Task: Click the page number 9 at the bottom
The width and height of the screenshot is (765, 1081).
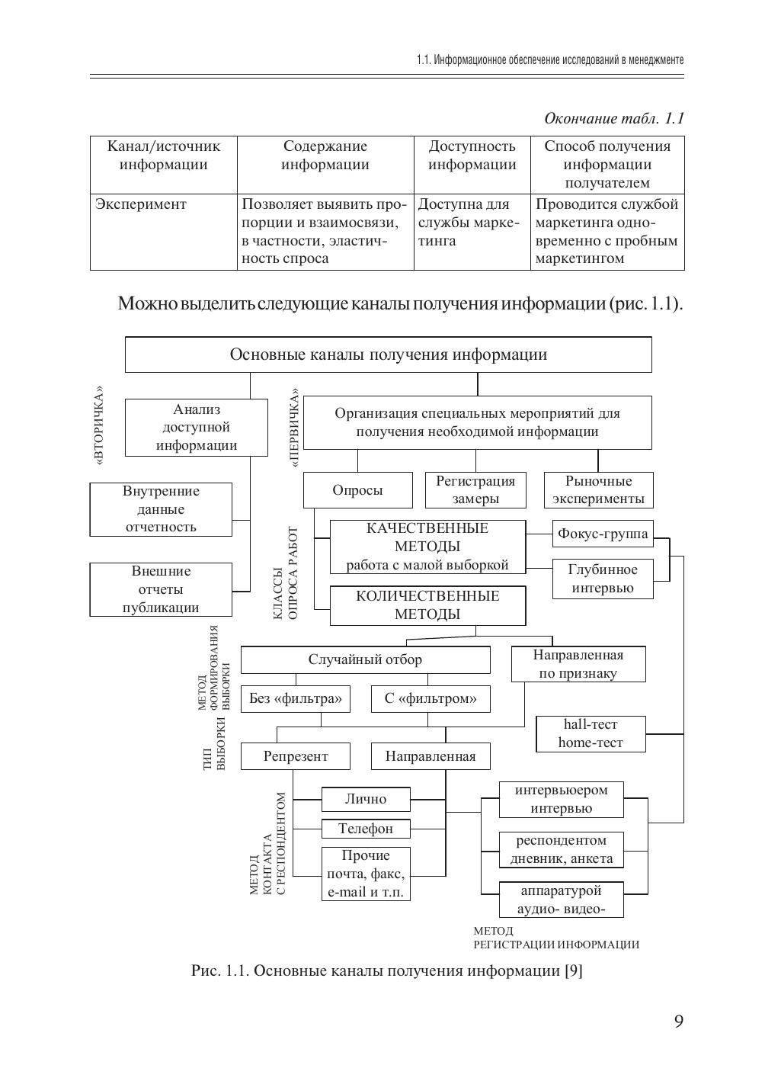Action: point(678,1022)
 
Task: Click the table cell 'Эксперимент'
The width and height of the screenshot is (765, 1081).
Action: point(140,204)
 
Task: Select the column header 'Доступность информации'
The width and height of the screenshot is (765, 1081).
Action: point(472,156)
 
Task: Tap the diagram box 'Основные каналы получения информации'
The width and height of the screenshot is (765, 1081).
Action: point(388,354)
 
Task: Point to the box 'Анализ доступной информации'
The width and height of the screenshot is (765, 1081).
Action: point(197,428)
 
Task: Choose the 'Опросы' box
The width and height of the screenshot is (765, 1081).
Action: point(357,490)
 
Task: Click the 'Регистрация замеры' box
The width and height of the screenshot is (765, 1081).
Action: point(475,490)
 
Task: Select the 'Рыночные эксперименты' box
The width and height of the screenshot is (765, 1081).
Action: point(598,490)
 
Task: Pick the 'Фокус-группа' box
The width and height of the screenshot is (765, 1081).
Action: point(603,534)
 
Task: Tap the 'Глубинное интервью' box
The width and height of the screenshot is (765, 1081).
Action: point(603,579)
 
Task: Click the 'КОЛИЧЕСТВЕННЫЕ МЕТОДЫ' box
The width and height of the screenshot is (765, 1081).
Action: point(427,605)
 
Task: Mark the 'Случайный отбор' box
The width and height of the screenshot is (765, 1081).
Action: point(365,659)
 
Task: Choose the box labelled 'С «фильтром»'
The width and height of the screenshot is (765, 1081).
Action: point(431,698)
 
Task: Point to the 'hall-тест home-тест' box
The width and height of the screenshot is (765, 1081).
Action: point(591,733)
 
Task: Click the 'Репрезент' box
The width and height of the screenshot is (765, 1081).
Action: point(296,756)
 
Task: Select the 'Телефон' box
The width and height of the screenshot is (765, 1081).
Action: point(366,828)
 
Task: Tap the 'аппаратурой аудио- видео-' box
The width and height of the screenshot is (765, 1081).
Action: point(561,900)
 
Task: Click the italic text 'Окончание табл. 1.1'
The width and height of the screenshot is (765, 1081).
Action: point(613,118)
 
